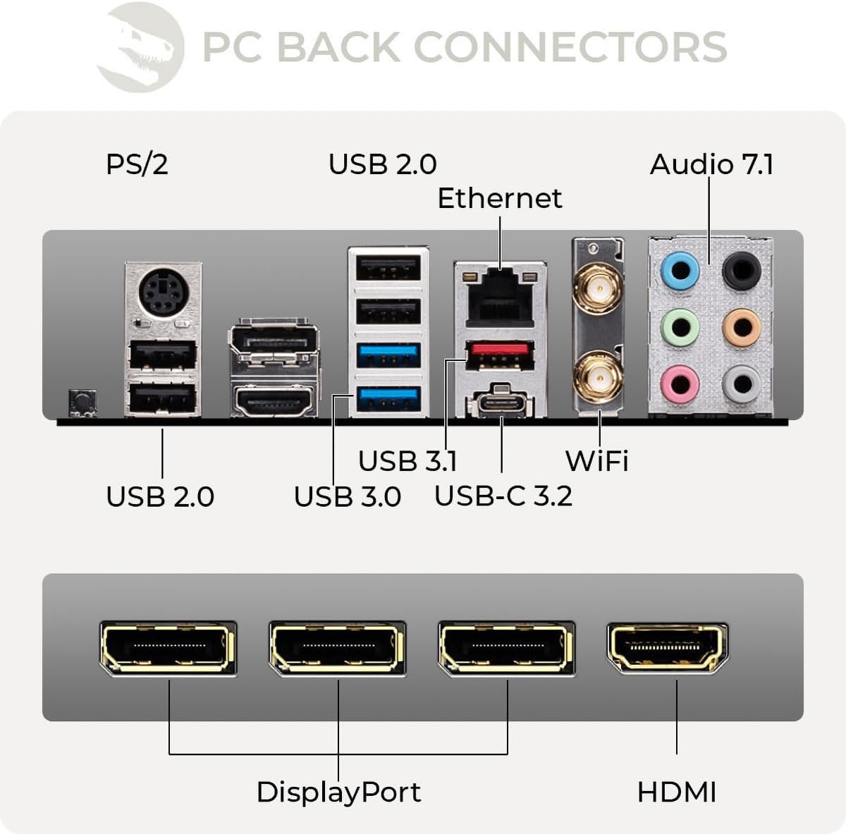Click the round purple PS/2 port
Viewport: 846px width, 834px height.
click(x=162, y=293)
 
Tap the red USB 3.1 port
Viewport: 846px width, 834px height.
click(x=499, y=355)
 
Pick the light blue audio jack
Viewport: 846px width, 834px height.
click(x=680, y=270)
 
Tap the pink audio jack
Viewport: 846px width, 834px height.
click(x=680, y=384)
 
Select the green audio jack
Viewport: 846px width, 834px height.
click(x=680, y=327)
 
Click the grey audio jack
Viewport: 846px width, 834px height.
click(x=742, y=384)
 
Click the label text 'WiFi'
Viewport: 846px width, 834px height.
click(x=596, y=461)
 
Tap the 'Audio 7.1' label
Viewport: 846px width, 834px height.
click(x=711, y=164)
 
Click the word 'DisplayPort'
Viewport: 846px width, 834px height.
click(x=338, y=792)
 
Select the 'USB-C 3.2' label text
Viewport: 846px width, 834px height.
click(x=503, y=496)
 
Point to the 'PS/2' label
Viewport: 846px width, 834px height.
click(x=137, y=164)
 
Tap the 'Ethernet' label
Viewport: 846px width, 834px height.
click(x=500, y=198)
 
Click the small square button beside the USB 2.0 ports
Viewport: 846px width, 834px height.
click(x=82, y=402)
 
